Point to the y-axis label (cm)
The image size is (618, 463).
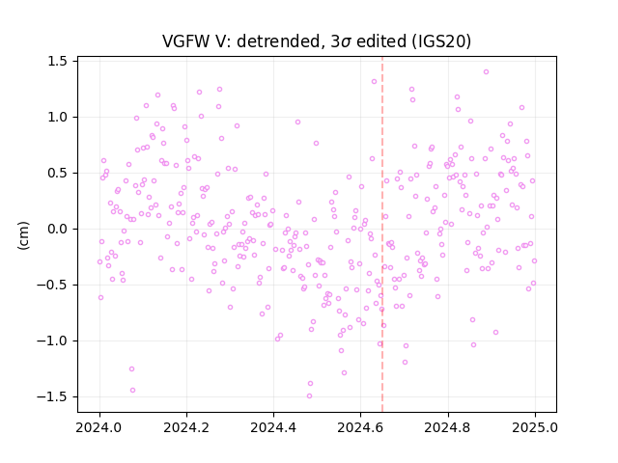[23, 235]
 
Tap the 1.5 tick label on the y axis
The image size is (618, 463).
[57, 62]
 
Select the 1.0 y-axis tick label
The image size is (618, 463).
[57, 118]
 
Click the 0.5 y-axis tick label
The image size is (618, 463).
[57, 174]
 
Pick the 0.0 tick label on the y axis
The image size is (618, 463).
[57, 230]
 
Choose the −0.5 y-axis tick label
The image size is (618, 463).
[52, 286]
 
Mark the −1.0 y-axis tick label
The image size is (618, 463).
[52, 340]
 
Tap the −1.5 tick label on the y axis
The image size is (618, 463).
[52, 396]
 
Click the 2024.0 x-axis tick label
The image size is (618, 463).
[99, 427]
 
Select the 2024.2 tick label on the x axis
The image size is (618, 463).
[186, 427]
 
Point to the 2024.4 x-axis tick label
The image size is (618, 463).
[273, 427]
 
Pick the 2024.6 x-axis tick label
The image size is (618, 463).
[360, 427]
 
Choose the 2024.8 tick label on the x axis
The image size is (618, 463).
[448, 427]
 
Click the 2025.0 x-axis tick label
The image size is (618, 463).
[535, 427]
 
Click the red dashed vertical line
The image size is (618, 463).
[382, 234]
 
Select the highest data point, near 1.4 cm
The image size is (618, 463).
[486, 72]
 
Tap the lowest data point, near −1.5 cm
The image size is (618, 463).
[309, 396]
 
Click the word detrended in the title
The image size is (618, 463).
[281, 41]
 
